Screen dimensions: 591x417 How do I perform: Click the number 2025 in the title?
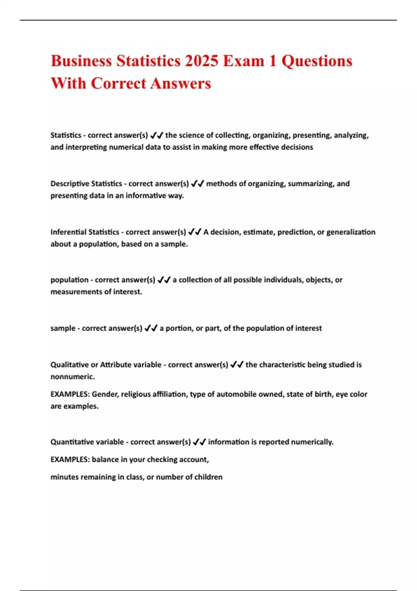[x=202, y=61]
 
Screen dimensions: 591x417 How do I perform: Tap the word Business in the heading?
[x=81, y=61]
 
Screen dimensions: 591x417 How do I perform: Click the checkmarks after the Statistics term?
[x=157, y=135]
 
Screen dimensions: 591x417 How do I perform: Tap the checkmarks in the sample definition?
[x=151, y=328]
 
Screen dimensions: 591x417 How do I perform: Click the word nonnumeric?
[x=72, y=377]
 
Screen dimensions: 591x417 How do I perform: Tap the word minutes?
[x=64, y=477]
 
